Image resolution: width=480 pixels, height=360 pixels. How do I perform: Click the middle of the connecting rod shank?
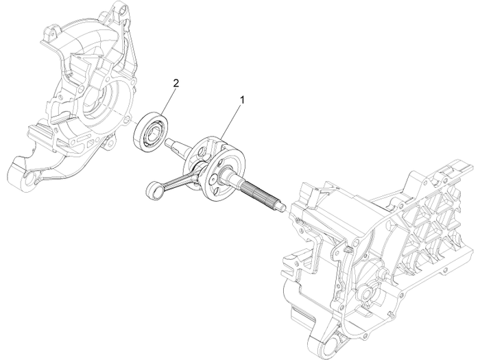(177, 180)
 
